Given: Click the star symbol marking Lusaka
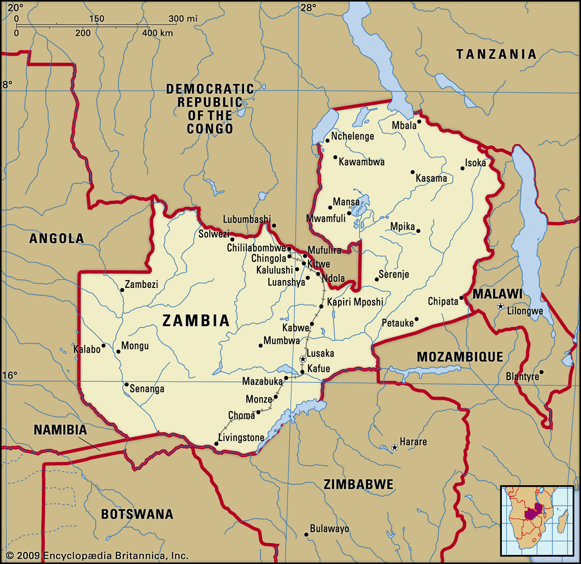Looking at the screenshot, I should coord(302,359).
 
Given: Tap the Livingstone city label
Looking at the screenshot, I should coord(241,438).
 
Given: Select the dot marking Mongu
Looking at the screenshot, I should coord(118,352).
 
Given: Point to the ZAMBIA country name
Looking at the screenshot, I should coord(196,321).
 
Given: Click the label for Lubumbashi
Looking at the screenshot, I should coord(247,219).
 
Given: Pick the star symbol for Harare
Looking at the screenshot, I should coord(395,447).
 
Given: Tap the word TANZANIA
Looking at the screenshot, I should coord(496,54).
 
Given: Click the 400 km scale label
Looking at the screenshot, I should coord(158,33).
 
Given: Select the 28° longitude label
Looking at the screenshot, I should coord(308,7).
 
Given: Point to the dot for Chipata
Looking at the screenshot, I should coord(462,298).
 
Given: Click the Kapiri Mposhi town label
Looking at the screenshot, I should coord(355,302).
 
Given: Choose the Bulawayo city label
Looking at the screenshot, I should coord(329,529).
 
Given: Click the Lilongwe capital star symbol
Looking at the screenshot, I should coord(500,307).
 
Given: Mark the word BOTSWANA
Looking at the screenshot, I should coord(137,514).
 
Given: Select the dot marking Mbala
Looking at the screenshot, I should coord(419,122).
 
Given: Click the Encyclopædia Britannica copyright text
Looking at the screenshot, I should coord(97,556).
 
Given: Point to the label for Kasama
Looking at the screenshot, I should coord(431,178).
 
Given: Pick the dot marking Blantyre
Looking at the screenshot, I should coord(541,372).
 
